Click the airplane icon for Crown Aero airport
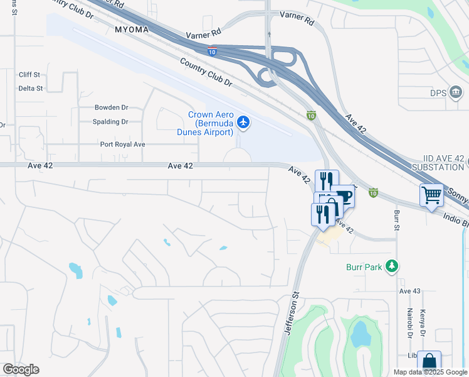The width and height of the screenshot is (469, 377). [x=245, y=123]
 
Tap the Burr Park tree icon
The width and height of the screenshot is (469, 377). [x=392, y=266]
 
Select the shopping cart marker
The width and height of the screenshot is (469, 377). [x=431, y=195]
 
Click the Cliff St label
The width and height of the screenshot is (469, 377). [x=29, y=74]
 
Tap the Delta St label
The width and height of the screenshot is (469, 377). [x=30, y=89]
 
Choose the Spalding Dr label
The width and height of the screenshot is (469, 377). [x=110, y=122]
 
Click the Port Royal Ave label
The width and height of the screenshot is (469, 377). [x=123, y=144]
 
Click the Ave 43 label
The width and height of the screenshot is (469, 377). [x=409, y=291]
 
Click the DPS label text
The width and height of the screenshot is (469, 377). [x=438, y=93]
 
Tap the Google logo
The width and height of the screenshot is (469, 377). [x=20, y=369]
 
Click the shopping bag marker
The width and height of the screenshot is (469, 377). [x=429, y=363]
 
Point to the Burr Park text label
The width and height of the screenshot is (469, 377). [x=364, y=267]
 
